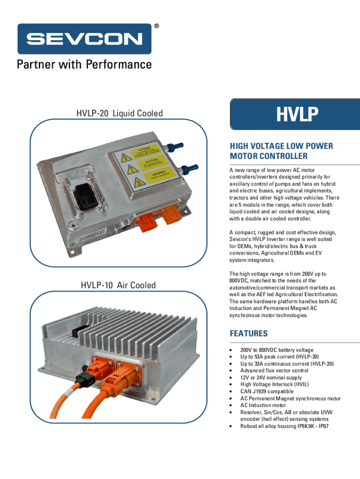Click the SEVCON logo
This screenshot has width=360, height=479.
(84, 39)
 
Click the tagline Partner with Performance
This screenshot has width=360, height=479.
(84, 64)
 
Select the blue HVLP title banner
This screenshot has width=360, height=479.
(295, 114)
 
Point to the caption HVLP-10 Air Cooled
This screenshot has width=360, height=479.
(118, 285)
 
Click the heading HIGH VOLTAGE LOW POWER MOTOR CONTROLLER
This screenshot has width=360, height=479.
(281, 151)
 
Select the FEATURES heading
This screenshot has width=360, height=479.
(249, 334)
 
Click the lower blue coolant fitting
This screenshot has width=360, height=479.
(190, 167)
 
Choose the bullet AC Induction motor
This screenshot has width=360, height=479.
(263, 405)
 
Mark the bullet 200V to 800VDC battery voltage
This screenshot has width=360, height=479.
(277, 350)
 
